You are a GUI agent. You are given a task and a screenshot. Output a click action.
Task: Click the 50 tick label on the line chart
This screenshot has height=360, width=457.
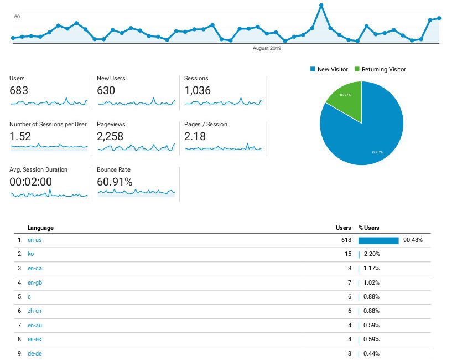pyautogui.click(x=17, y=17)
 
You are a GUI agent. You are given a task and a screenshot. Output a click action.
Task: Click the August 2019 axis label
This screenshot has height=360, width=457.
pyautogui.click(x=267, y=48)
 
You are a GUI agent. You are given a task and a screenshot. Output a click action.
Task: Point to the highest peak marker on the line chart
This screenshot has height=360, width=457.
pyautogui.click(x=321, y=6)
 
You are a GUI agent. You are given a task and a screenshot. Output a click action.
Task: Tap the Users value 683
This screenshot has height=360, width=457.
pyautogui.click(x=19, y=90)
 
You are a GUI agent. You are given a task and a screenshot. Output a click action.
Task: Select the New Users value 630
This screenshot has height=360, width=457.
pyautogui.click(x=106, y=90)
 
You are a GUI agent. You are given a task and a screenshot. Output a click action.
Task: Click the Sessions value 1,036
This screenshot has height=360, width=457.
pyautogui.click(x=198, y=90)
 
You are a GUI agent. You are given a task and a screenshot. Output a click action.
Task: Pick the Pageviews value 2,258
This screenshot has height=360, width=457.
pyautogui.click(x=110, y=136)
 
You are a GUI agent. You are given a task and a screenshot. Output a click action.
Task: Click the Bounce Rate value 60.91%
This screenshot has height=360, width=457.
pyautogui.click(x=115, y=182)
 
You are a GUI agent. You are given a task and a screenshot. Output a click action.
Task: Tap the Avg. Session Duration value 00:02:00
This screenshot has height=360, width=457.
pyautogui.click(x=31, y=182)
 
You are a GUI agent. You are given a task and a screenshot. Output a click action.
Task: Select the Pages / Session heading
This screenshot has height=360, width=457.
pyautogui.click(x=206, y=124)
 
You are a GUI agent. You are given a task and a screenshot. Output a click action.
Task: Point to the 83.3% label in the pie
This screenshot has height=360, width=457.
pyautogui.click(x=378, y=152)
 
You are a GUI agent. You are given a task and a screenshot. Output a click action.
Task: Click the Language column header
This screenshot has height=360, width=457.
pyautogui.click(x=40, y=228)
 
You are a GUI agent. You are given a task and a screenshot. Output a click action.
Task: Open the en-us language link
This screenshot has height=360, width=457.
pyautogui.click(x=35, y=240)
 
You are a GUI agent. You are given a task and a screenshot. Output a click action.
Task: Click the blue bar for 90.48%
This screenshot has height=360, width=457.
pyautogui.click(x=378, y=240)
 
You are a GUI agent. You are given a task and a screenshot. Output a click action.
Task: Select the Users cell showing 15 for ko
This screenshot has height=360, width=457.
pyautogui.click(x=347, y=254)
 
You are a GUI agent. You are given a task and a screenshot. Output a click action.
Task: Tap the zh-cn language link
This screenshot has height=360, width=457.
pyautogui.click(x=35, y=311)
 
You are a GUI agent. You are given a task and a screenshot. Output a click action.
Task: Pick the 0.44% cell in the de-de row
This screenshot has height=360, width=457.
pyautogui.click(x=371, y=353)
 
